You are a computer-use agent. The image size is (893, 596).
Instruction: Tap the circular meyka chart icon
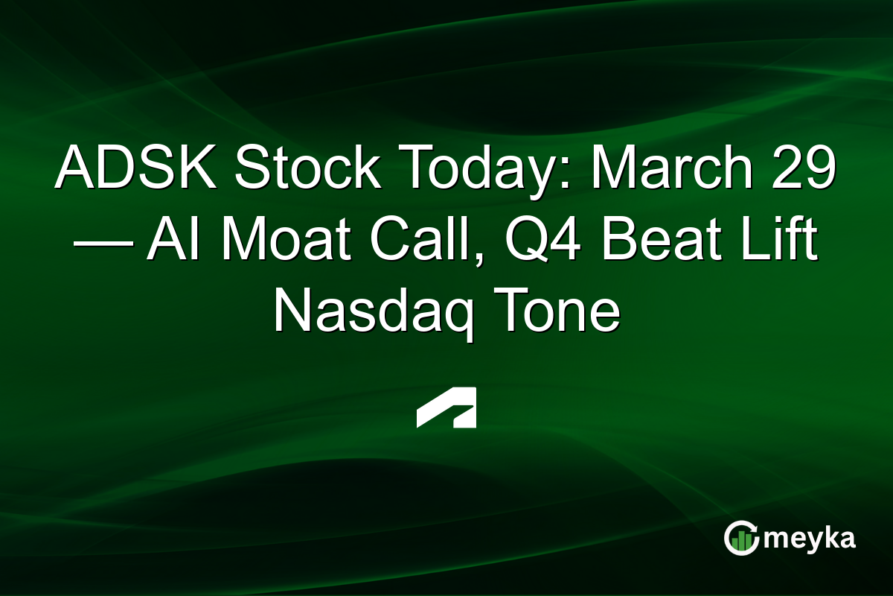[741, 538]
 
